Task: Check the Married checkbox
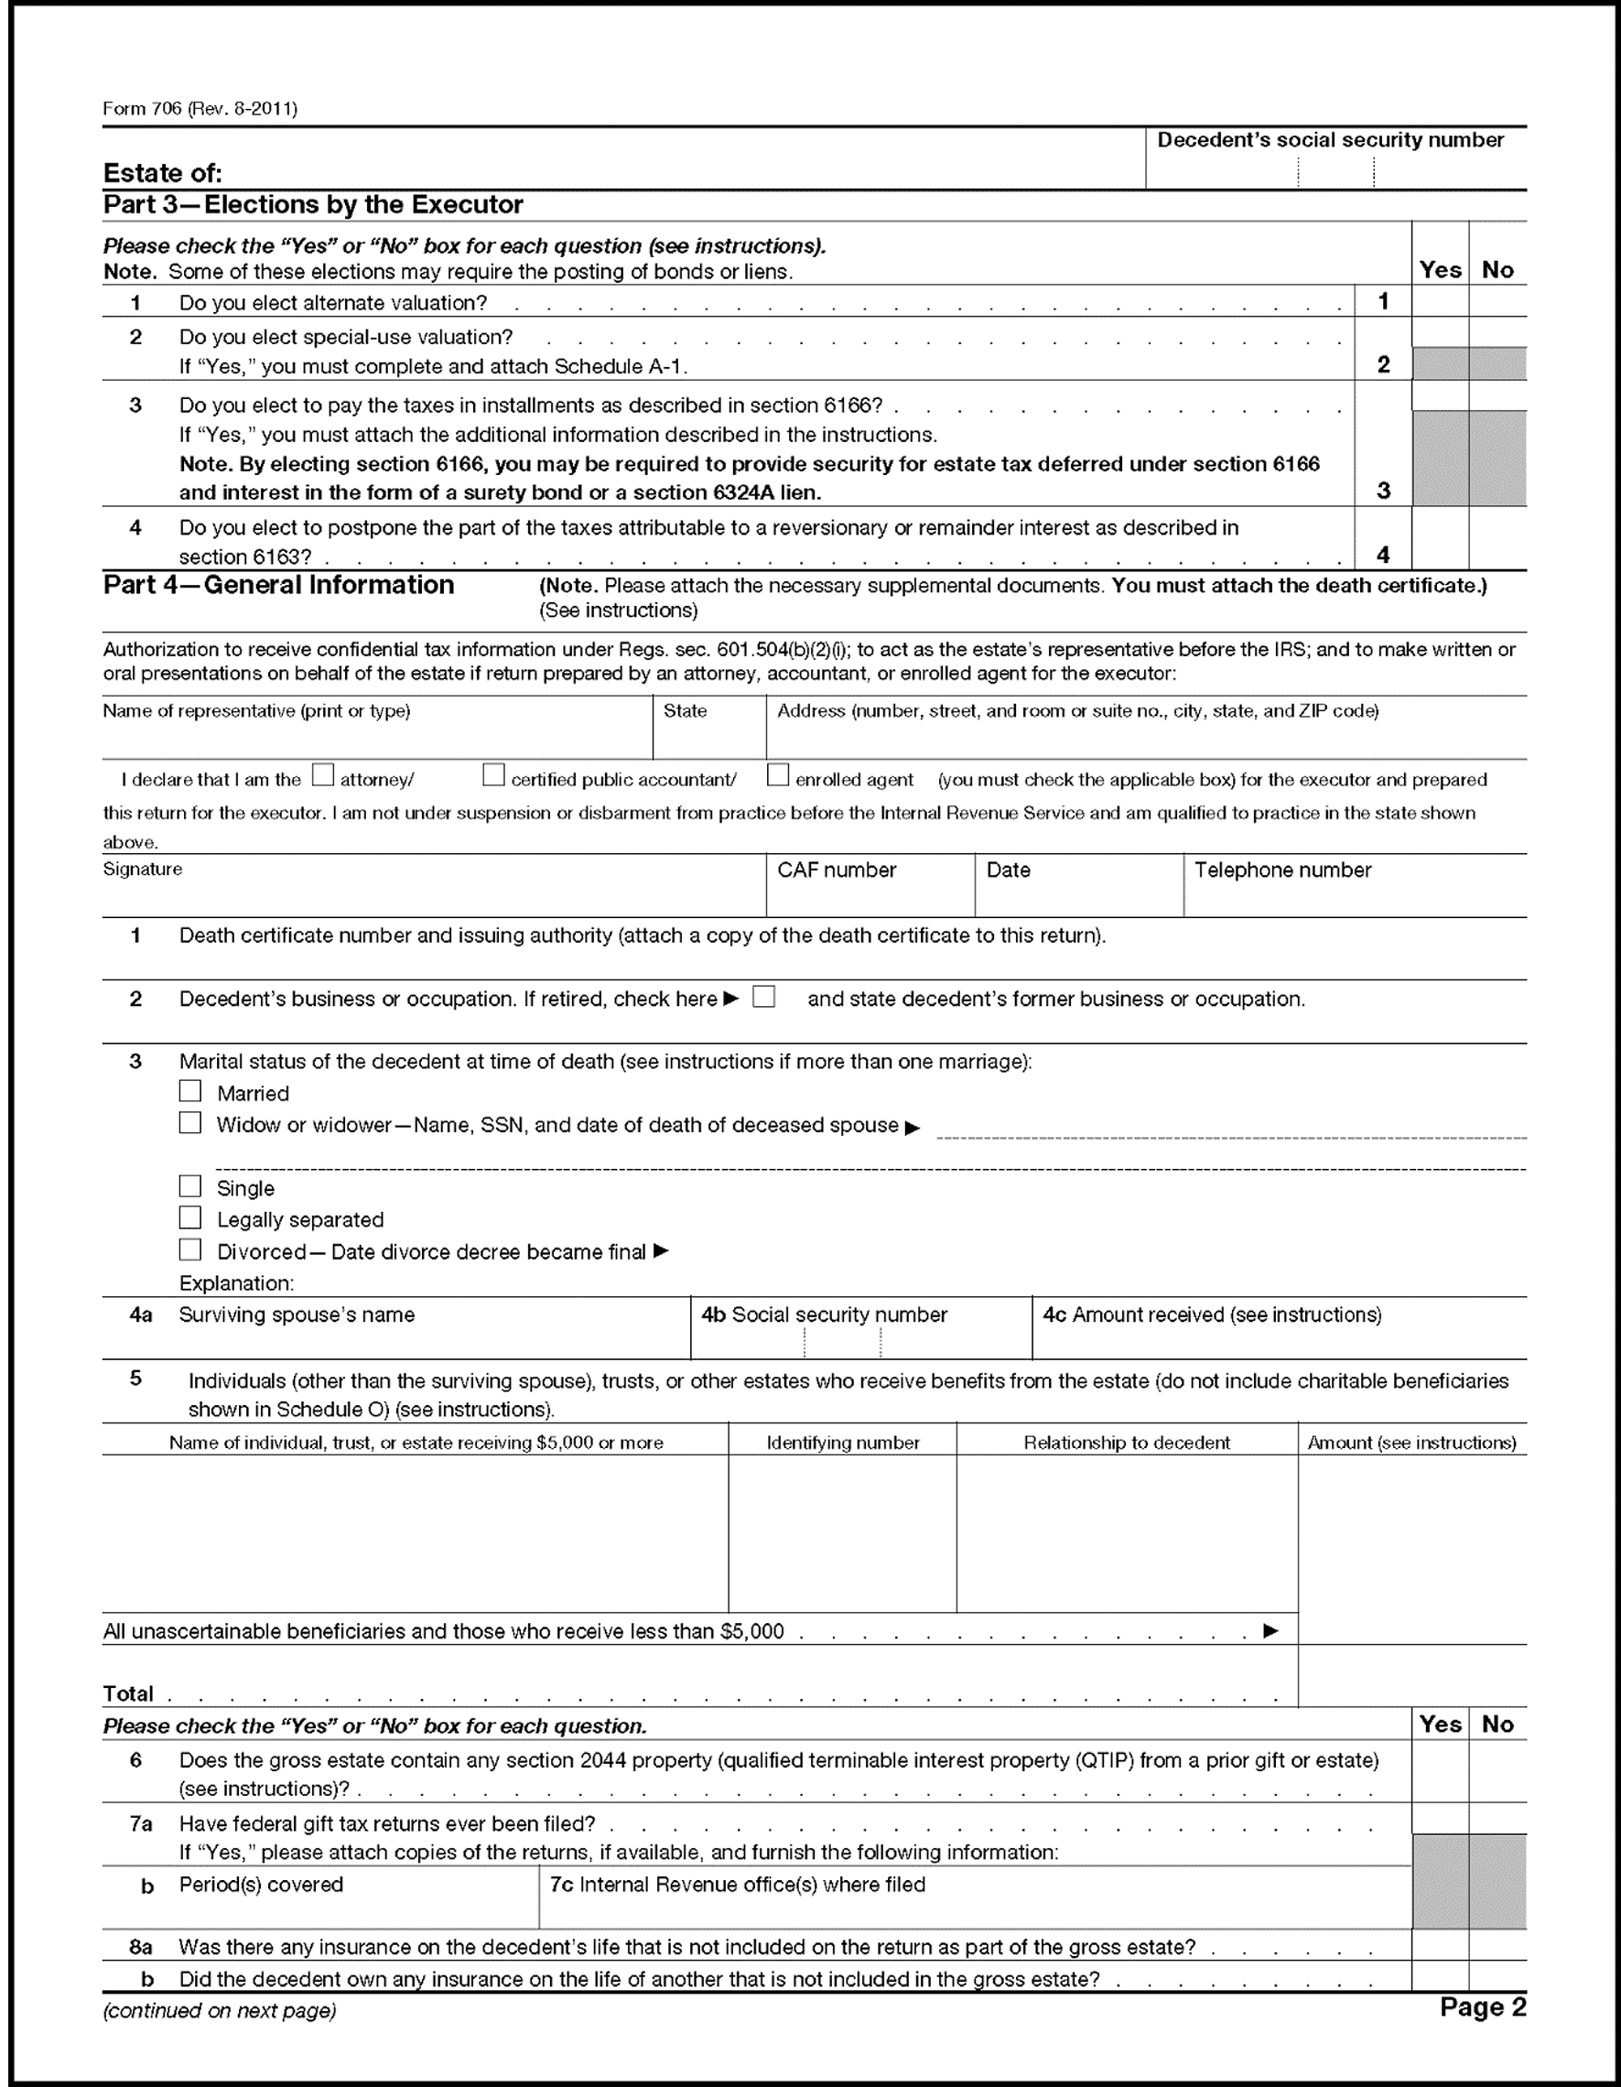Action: [x=190, y=1091]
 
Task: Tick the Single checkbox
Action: [x=190, y=1186]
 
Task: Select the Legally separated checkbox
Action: [x=190, y=1217]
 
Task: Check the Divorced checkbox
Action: [x=190, y=1249]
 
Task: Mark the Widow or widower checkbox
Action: [x=190, y=1123]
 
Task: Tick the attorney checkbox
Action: [x=323, y=775]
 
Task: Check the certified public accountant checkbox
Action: [x=493, y=775]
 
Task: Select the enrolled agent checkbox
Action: [x=778, y=775]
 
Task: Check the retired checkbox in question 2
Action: [x=763, y=997]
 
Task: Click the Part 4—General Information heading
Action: [x=278, y=585]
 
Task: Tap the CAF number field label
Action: [x=837, y=870]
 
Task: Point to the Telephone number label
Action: [x=1281, y=870]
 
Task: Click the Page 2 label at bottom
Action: [x=1483, y=2006]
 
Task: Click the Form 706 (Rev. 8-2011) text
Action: [x=200, y=109]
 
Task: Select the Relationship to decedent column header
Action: [x=1126, y=1443]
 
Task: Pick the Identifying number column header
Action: [x=842, y=1443]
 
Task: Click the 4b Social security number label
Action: [x=824, y=1314]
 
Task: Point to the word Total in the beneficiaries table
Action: [x=128, y=1694]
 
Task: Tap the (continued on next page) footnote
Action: [x=219, y=2010]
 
